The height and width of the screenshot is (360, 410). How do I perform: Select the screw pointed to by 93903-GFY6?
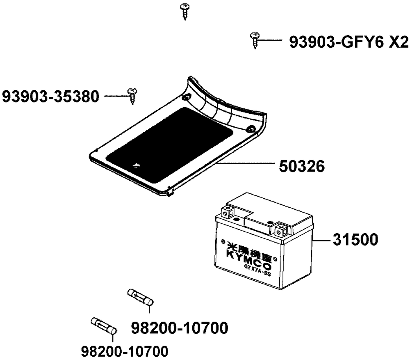point(255,40)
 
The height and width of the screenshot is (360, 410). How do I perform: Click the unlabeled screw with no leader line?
point(185,11)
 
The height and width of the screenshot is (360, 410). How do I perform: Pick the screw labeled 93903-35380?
point(132,96)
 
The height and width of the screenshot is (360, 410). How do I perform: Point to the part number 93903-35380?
point(51,96)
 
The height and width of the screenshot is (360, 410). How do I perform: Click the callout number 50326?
point(302,166)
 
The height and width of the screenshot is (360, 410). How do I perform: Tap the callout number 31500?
point(355,240)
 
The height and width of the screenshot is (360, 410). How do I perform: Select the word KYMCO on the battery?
point(249,260)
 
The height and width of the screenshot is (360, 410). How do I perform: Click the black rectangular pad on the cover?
point(169,145)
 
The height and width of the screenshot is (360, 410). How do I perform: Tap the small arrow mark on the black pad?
point(137,165)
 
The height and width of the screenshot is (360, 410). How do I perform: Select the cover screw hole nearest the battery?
point(251,129)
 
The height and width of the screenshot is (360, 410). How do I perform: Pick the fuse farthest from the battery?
point(104,326)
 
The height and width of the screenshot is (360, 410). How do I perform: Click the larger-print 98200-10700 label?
point(180,328)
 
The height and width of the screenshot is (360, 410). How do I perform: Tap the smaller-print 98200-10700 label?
point(125,351)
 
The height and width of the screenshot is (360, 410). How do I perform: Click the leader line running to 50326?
point(246,163)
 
